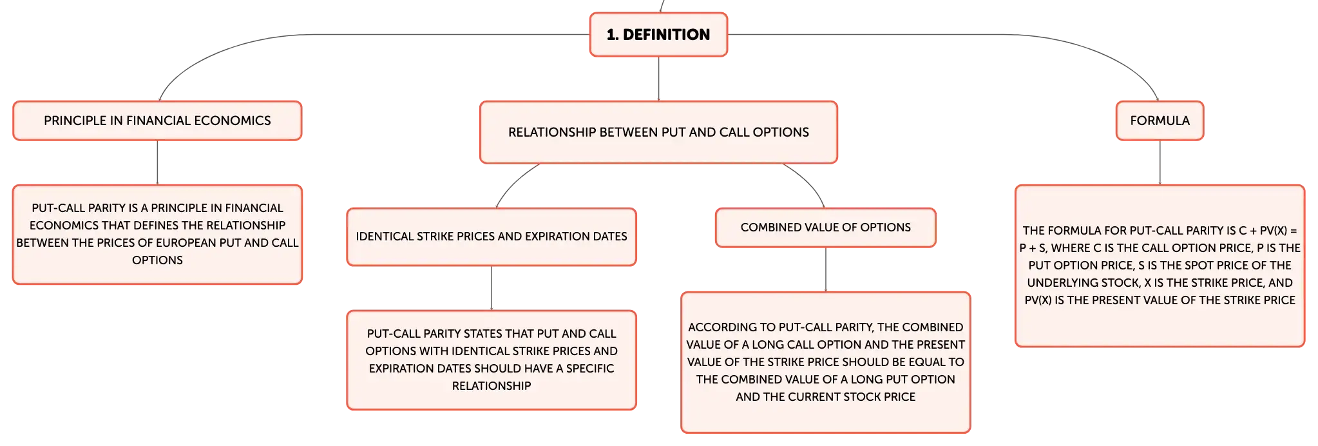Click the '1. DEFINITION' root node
[658, 35]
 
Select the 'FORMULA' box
[1160, 121]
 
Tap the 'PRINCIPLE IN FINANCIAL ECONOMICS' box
[157, 121]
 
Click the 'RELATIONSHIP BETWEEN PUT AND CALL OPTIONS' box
[658, 132]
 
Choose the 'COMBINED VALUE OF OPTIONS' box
[825, 228]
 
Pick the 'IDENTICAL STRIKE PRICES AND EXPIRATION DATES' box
[492, 237]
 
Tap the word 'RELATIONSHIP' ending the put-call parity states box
[492, 386]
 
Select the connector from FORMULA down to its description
[1160, 163]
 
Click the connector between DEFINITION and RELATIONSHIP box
[658, 79]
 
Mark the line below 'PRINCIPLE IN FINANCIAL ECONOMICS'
[157, 163]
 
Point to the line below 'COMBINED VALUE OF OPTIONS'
[825, 269]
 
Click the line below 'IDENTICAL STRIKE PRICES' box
[492, 288]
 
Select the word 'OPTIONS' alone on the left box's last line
[157, 260]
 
